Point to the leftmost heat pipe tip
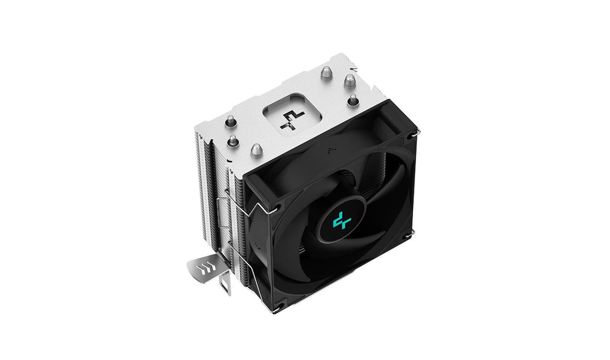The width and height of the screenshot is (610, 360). click(230, 120)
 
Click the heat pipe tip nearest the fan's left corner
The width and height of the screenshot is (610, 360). click(256, 149)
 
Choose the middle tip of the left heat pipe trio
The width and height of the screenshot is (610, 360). click(232, 139)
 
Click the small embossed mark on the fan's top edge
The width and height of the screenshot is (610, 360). click(330, 149)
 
